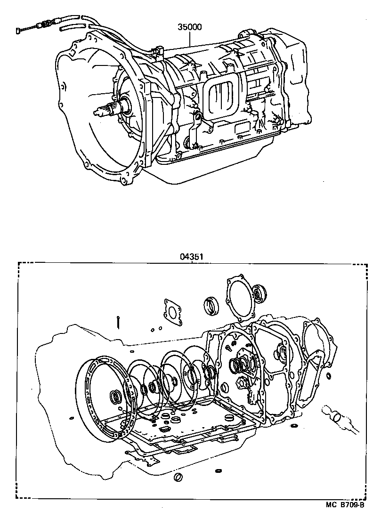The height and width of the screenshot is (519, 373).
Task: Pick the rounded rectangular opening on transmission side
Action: [x=222, y=96]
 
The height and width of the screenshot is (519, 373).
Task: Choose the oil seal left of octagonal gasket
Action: [x=211, y=306]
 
